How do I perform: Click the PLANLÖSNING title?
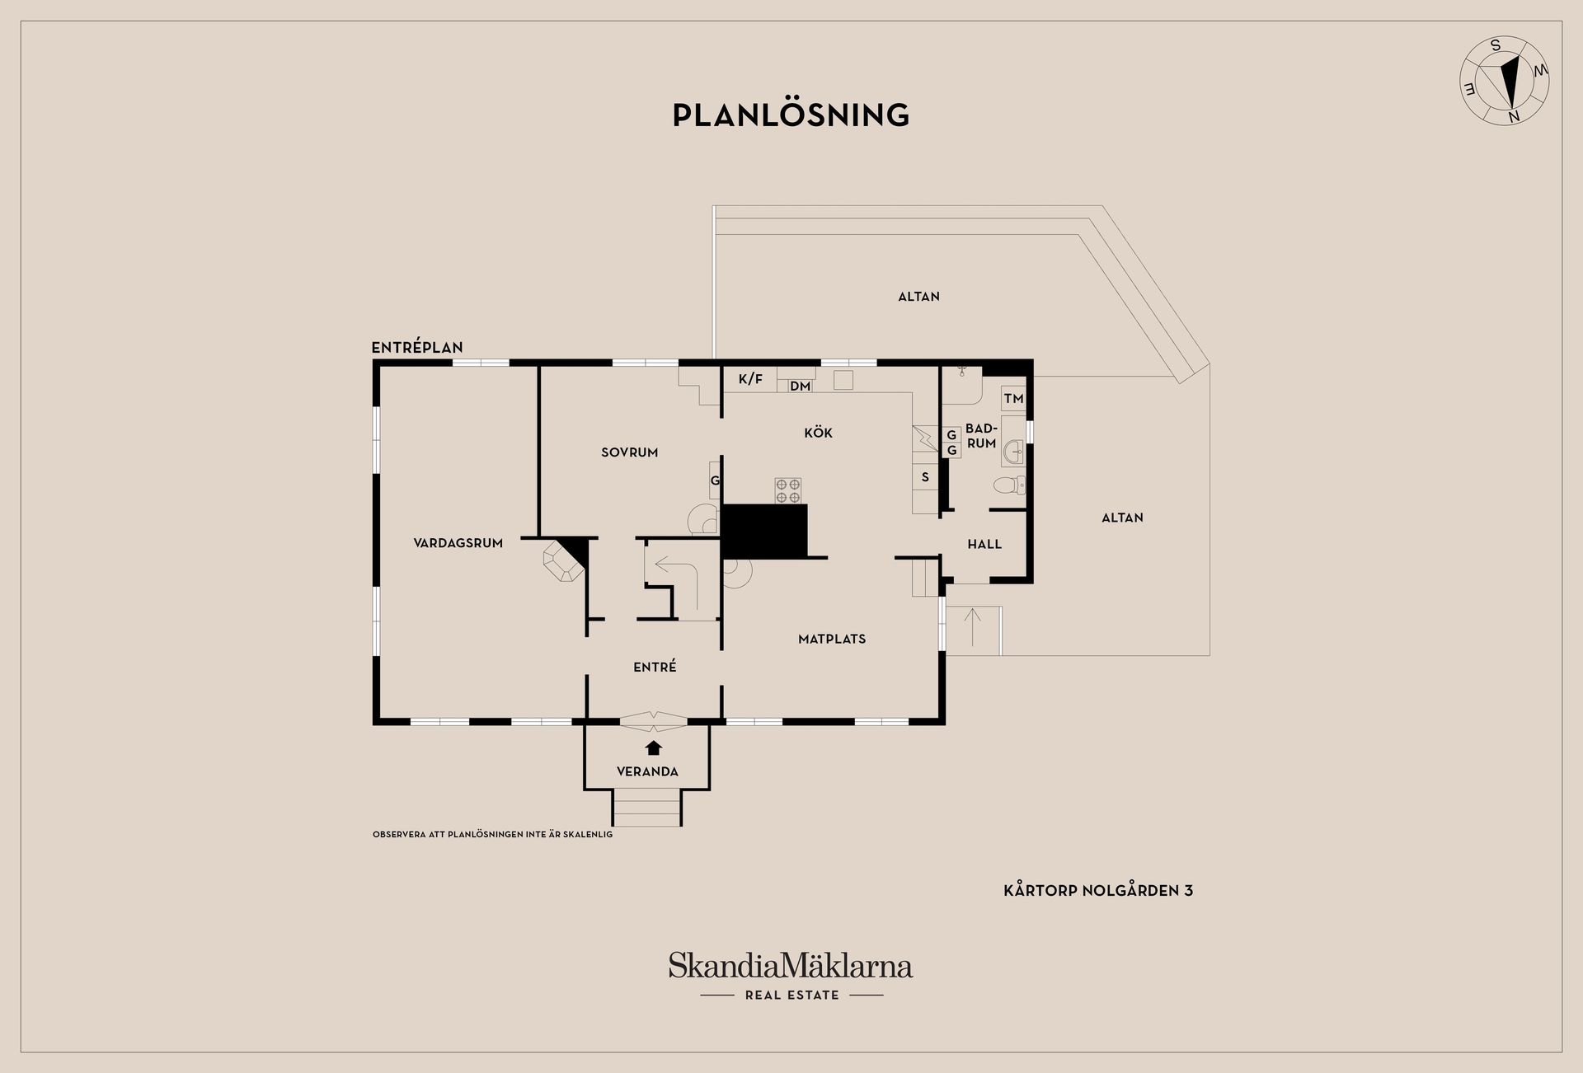(x=791, y=115)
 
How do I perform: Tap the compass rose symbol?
(x=1505, y=81)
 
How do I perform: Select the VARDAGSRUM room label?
(x=458, y=543)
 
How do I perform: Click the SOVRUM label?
(x=630, y=452)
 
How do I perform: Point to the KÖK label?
(x=819, y=433)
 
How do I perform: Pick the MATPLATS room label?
(x=832, y=639)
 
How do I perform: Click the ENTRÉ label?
(x=655, y=667)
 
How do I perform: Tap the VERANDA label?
(x=648, y=772)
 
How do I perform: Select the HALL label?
(x=984, y=545)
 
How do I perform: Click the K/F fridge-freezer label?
(x=750, y=379)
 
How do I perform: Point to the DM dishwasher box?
(x=800, y=386)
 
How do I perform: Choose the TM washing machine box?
(x=1013, y=399)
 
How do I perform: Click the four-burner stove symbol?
(x=788, y=491)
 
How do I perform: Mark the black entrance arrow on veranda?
(x=654, y=747)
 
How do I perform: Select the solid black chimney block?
(x=763, y=532)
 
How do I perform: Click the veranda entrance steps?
(x=647, y=808)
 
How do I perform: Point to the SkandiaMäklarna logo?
(x=791, y=977)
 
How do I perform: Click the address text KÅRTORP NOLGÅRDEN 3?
(x=1098, y=890)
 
